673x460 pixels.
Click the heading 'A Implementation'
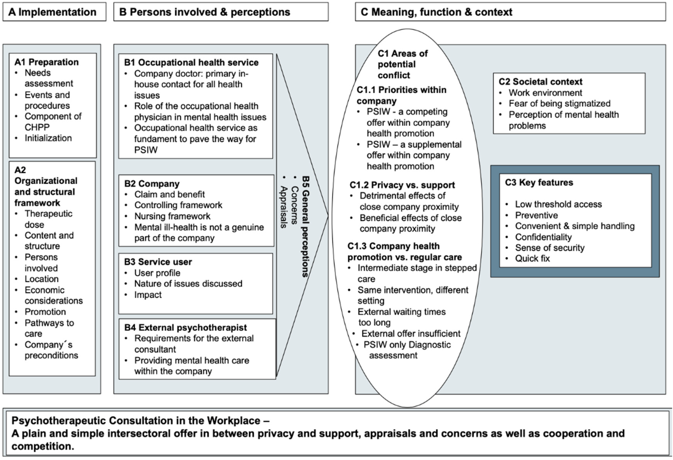[x=52, y=12]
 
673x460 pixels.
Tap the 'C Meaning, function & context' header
[x=436, y=12]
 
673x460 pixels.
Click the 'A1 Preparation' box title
[x=47, y=62]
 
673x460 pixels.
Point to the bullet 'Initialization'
[x=48, y=138]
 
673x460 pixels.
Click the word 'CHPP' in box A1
[x=37, y=127]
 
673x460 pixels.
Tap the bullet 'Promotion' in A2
[x=45, y=312]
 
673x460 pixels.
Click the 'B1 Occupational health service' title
[x=191, y=62]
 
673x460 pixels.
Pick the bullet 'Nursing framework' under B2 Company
[x=172, y=216]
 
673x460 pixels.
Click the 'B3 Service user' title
[x=158, y=262]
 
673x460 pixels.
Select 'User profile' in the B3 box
[x=157, y=273]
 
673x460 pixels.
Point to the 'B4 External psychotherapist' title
[x=185, y=328]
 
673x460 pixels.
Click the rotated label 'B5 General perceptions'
[x=305, y=226]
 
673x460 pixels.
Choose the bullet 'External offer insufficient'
[x=410, y=334]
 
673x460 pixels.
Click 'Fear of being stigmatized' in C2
[x=559, y=104]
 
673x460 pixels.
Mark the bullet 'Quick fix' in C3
[x=532, y=258]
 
